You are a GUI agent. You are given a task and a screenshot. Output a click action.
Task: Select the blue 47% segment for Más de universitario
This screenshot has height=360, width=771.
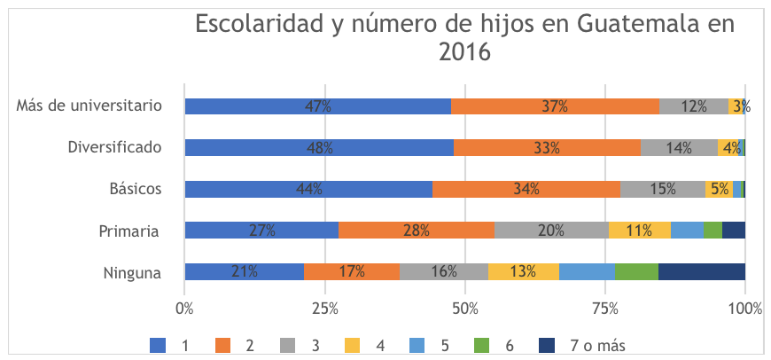pyautogui.click(x=317, y=106)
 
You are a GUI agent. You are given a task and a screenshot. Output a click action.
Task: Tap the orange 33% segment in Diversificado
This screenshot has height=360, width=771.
pyautogui.click(x=547, y=148)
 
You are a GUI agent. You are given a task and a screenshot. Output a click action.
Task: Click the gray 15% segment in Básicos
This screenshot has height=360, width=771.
pyautogui.click(x=662, y=189)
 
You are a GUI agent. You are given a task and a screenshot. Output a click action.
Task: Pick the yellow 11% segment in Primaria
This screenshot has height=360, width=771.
pyautogui.click(x=639, y=231)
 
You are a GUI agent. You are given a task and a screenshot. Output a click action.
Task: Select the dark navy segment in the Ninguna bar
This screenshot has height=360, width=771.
pyautogui.click(x=701, y=272)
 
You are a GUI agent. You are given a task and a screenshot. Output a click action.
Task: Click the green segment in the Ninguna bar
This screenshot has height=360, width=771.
pyautogui.click(x=636, y=272)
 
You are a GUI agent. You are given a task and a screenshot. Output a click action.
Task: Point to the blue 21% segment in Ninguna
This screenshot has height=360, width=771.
pyautogui.click(x=244, y=272)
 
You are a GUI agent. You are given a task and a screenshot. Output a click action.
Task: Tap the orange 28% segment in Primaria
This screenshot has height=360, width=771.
pyautogui.click(x=416, y=231)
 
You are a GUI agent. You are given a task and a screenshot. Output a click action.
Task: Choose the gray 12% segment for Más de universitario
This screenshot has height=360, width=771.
pyautogui.click(x=693, y=106)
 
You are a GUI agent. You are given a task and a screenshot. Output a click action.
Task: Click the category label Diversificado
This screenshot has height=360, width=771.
pyautogui.click(x=114, y=148)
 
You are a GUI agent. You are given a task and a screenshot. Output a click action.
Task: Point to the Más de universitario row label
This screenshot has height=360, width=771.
pyautogui.click(x=89, y=106)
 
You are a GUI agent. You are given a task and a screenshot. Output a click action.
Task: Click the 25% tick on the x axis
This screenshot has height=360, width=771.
pyautogui.click(x=324, y=309)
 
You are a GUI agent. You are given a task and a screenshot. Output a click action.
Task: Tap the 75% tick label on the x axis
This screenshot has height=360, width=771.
pyautogui.click(x=605, y=309)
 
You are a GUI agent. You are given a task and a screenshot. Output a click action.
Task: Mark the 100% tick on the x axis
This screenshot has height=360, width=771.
pyautogui.click(x=744, y=309)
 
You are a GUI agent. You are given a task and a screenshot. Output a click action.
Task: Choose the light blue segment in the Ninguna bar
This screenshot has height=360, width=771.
pyautogui.click(x=587, y=272)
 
